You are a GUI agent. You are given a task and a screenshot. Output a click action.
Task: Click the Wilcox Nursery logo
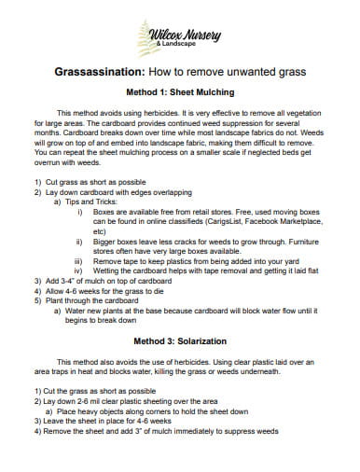pyautogui.click(x=179, y=38)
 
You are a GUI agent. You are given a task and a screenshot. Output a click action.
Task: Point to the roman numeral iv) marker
pyautogui.click(x=78, y=270)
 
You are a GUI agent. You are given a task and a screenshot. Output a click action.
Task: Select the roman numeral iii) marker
pyautogui.click(x=78, y=260)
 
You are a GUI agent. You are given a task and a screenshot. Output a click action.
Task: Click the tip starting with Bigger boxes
pyautogui.click(x=187, y=240)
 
